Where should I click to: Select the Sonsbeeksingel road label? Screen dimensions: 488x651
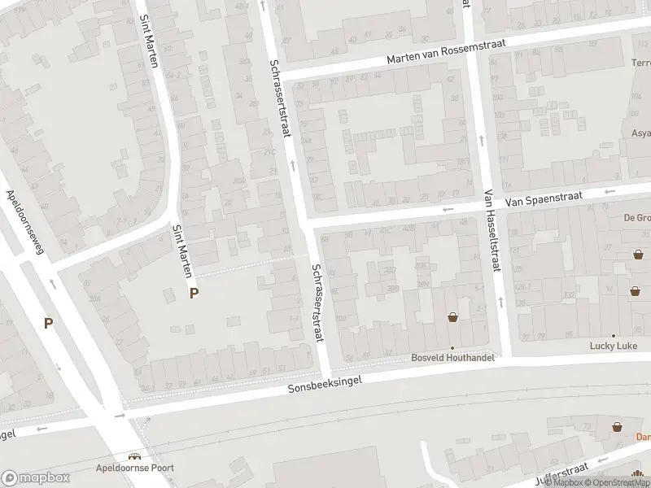pos(334,382)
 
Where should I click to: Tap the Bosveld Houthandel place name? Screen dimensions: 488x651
pos(453,358)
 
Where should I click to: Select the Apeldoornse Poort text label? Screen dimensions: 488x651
pos(133,468)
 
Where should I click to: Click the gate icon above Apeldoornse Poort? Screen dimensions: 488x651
pos(133,456)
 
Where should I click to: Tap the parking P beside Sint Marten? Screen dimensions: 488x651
pos(194,294)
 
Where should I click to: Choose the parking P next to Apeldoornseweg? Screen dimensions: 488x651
pos(49,324)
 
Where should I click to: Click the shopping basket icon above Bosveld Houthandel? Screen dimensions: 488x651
pos(452,318)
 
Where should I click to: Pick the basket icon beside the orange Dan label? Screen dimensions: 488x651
pos(617,426)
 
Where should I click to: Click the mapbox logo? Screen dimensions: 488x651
pos(36,478)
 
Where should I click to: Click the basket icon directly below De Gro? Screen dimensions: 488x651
pos(639,255)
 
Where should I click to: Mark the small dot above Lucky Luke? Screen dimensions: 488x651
pos(614,335)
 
